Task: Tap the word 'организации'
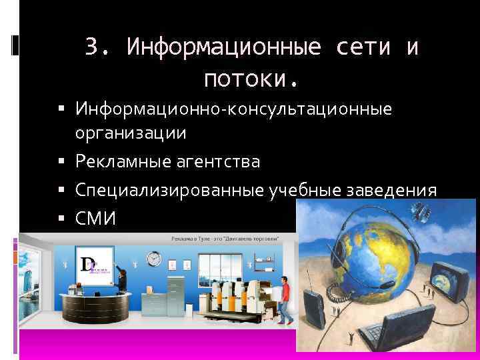(131, 133)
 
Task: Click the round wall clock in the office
(154, 258)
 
